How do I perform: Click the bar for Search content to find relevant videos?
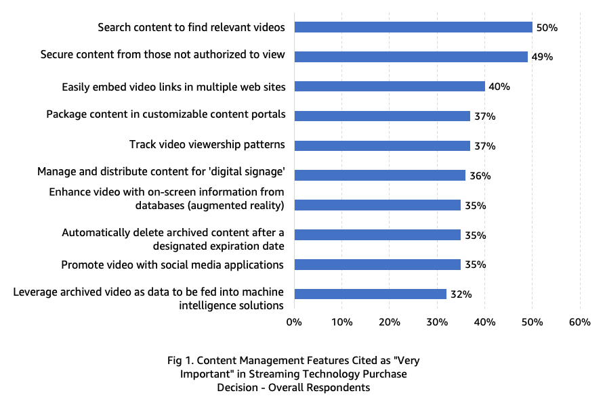coord(413,27)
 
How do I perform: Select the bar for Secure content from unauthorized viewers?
coord(411,57)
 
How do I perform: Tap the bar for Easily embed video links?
coord(390,87)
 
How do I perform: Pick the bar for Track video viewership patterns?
coord(382,145)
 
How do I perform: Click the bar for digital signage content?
coord(379,175)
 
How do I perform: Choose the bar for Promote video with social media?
coord(377,265)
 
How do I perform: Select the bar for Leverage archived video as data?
coord(370,294)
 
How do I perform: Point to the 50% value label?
coord(547,28)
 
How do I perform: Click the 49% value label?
coord(542,58)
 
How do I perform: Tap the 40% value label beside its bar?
coord(499,87)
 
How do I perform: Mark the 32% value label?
coord(461,294)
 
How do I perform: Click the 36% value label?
coord(480,176)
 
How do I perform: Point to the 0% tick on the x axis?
coord(294,322)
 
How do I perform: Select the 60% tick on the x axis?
coord(580,322)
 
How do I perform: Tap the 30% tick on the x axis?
coord(437,322)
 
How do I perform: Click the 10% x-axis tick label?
coord(341,322)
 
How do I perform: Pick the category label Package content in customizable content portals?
coord(165,114)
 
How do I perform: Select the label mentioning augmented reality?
coord(167,199)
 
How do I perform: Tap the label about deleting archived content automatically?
coord(173,239)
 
